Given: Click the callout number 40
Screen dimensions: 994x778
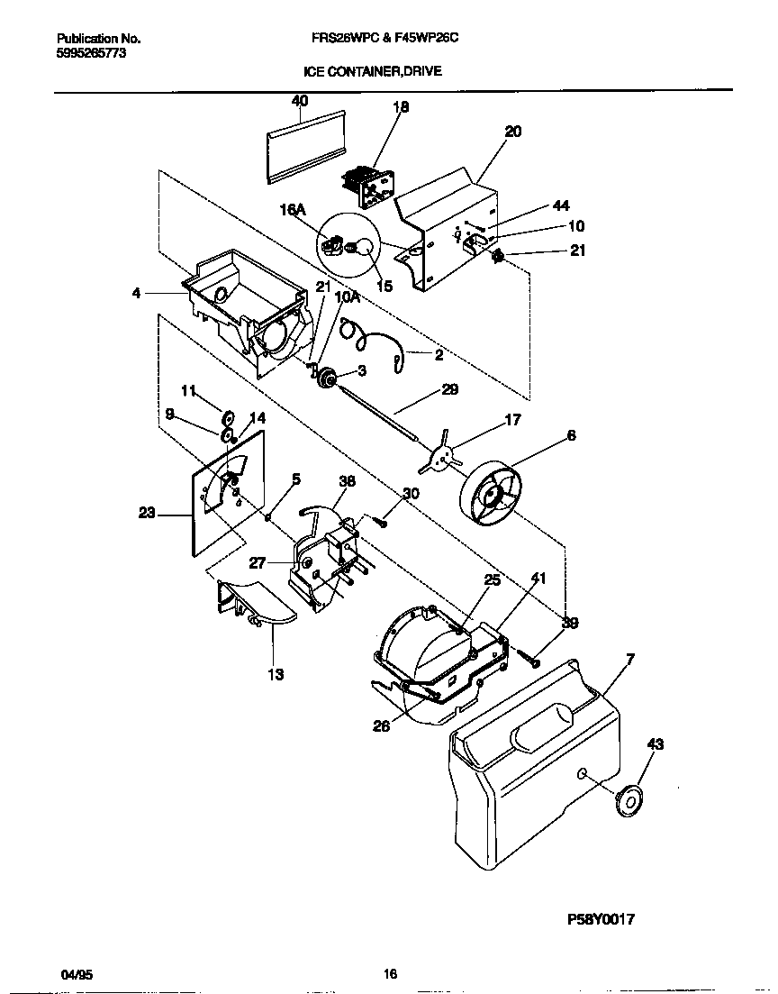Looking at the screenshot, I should tap(300, 101).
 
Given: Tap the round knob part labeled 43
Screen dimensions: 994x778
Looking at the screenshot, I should tap(629, 799).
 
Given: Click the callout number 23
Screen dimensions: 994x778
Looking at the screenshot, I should tap(147, 514).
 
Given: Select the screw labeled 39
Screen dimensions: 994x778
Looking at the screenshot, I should tap(530, 660).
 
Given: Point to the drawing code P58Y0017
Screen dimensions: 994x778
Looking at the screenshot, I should tap(602, 920).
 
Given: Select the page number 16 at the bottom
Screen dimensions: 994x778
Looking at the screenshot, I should tap(390, 974).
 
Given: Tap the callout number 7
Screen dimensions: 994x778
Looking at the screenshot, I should tap(629, 660).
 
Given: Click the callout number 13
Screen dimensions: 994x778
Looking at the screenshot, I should tap(276, 674).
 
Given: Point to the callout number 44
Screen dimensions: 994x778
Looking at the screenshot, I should tap(561, 206).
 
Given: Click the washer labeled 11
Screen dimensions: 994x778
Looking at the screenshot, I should tap(228, 417).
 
